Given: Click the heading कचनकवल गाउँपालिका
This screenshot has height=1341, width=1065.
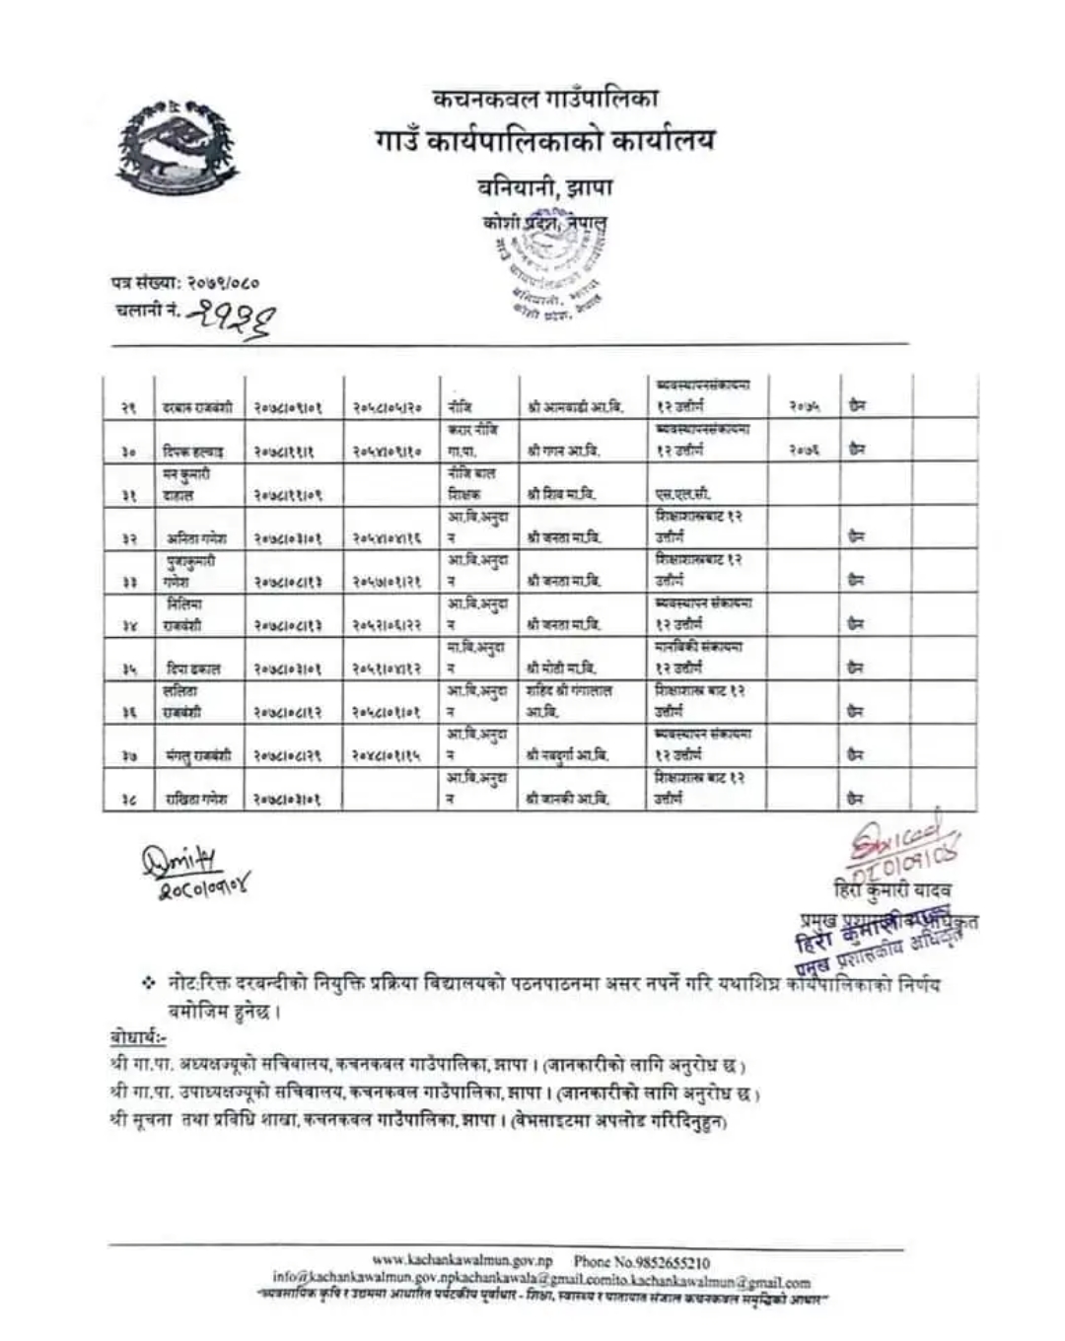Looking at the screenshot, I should (x=545, y=98).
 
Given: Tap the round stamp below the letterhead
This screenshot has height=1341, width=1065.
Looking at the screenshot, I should (x=547, y=266).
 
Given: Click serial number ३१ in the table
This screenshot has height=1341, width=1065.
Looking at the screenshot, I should (x=128, y=495).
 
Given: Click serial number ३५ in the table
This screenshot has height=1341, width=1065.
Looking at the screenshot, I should (x=128, y=669).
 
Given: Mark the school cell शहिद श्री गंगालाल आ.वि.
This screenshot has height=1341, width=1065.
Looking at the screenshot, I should (x=569, y=700).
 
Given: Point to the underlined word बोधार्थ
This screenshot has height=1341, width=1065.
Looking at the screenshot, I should (x=136, y=1040).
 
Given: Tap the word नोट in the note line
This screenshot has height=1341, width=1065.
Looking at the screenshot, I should (x=183, y=984).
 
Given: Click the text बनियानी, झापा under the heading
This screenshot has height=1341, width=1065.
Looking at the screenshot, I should (x=545, y=185).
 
